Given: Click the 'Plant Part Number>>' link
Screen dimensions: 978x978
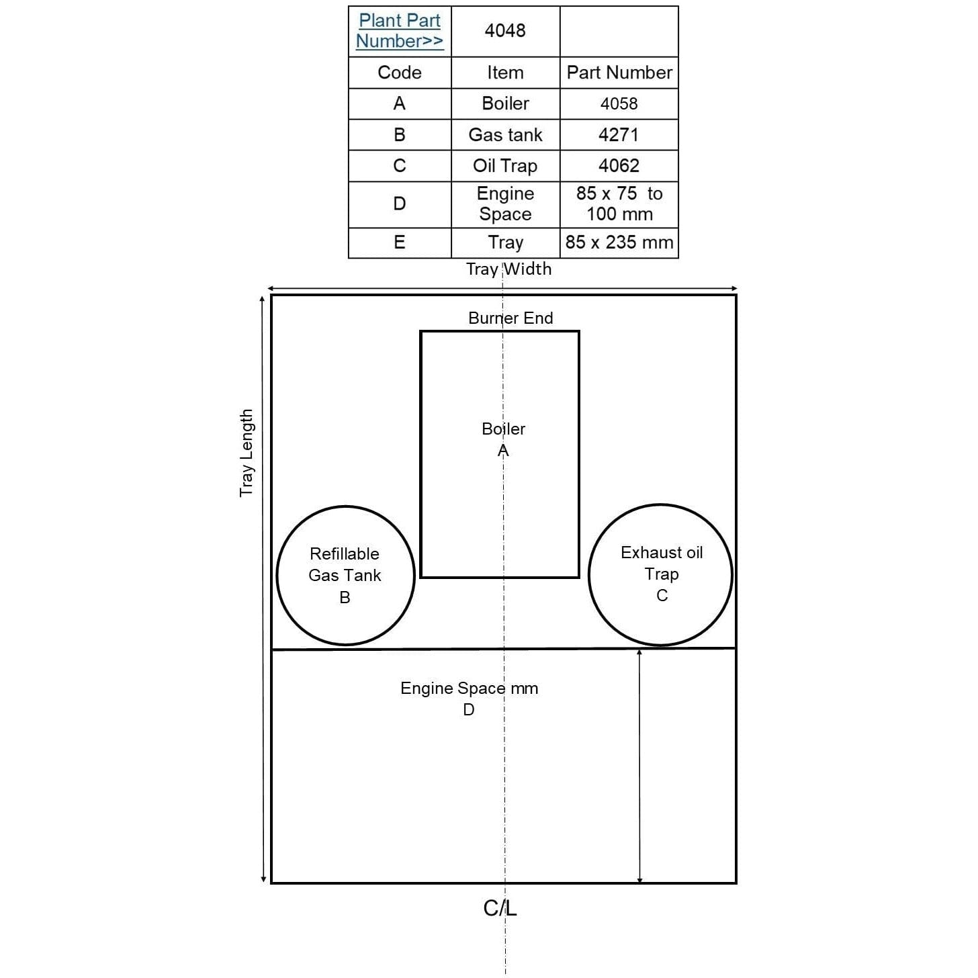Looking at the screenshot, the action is tap(400, 30).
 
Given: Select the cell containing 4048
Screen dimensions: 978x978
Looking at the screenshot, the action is tap(505, 31).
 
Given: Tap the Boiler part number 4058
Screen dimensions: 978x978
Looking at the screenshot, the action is tap(619, 103).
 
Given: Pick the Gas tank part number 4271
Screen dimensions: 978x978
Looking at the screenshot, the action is tap(619, 134).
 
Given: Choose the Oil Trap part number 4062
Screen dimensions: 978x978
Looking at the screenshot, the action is tap(619, 165).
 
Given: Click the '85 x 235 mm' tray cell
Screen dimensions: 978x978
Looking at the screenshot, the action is tap(619, 242).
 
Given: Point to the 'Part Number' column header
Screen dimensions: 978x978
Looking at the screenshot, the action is tap(619, 73).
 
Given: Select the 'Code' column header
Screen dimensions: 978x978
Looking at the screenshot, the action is tap(400, 73).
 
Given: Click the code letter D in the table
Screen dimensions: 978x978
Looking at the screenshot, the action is tap(400, 204).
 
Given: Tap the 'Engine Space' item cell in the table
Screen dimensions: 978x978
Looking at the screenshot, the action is tap(505, 204).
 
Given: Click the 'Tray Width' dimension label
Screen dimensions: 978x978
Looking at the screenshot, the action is tap(508, 269).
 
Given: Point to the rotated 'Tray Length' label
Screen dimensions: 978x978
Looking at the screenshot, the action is tap(246, 453).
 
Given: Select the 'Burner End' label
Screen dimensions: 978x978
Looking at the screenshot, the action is tap(510, 318).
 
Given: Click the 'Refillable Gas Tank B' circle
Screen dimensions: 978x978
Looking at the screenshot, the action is tap(346, 576).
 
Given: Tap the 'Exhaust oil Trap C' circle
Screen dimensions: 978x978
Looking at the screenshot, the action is tap(660, 574).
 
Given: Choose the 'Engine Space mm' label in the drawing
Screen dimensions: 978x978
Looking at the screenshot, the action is tap(469, 688).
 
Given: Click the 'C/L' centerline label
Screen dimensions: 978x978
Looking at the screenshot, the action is tap(500, 908).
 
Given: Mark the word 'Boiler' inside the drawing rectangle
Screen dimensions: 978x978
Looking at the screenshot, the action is tap(503, 429).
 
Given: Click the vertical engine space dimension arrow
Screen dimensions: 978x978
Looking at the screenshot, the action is tap(639, 766).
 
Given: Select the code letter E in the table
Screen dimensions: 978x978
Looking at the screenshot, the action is tap(400, 242).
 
